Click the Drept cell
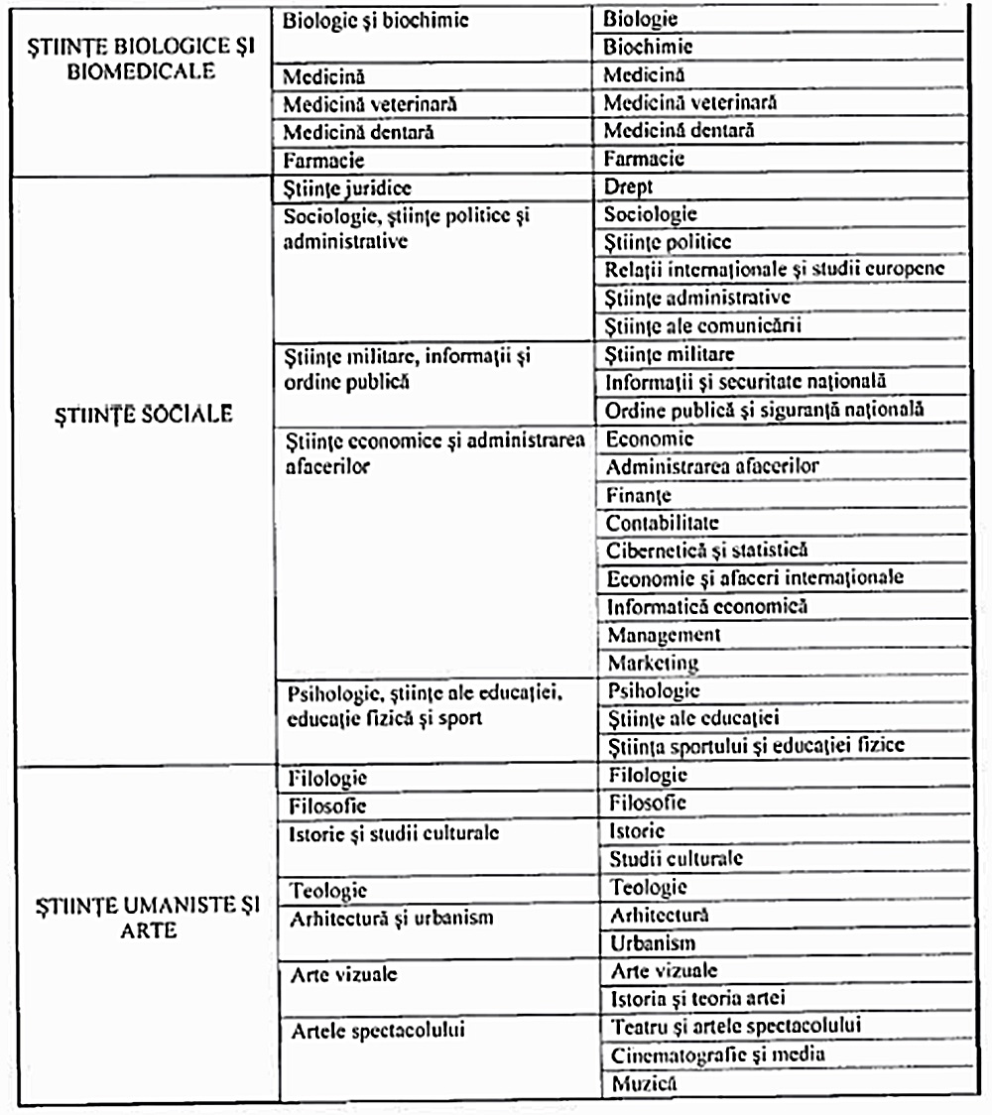coord(629,186)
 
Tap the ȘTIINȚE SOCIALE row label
coord(144,415)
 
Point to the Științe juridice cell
coord(347,186)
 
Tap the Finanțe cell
coord(639,494)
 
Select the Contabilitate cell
coord(663,522)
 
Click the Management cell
coord(664,634)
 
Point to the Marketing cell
coord(653,662)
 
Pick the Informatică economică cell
coord(707,605)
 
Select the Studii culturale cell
coord(677,858)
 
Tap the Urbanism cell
coord(653,942)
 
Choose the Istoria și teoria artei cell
coord(697,998)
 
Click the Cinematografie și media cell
coord(718,1054)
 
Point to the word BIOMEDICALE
coord(141,73)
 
